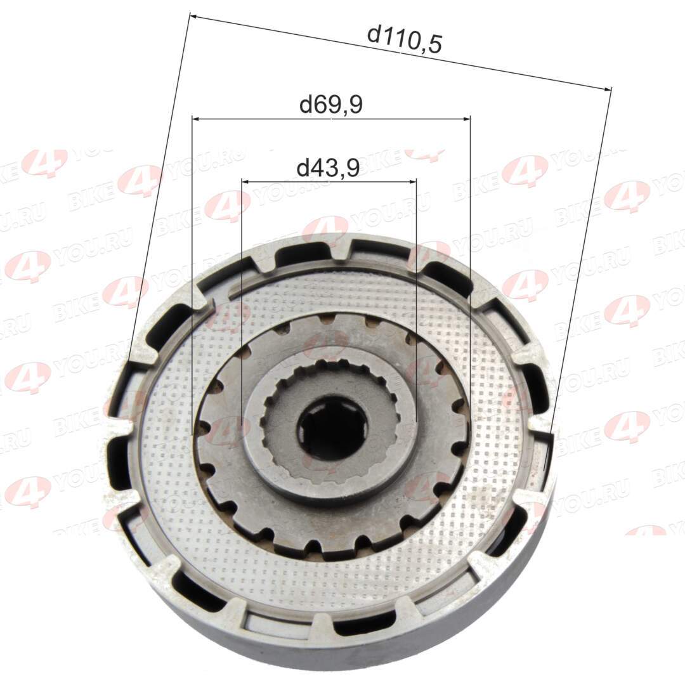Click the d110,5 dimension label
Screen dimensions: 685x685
coord(405,39)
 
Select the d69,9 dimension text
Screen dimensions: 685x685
coord(330,105)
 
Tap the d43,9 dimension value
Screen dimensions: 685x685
coord(328,167)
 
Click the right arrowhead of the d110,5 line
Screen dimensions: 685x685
coord(607,89)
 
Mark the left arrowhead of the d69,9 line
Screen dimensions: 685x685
coord(197,118)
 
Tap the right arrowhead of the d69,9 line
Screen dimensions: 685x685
coord(466,118)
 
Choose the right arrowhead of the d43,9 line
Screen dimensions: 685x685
coord(412,180)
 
